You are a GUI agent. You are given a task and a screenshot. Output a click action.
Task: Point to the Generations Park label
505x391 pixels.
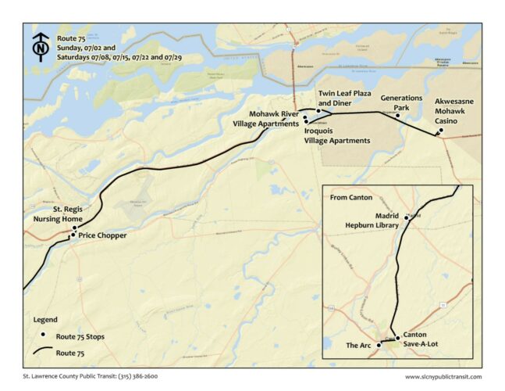[401, 103]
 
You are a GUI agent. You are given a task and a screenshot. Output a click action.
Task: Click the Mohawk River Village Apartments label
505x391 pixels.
[265, 119]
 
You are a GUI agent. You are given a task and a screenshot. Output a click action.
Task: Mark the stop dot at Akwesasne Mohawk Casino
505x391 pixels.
[441, 131]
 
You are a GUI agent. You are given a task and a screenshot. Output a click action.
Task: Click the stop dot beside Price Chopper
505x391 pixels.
[73, 235]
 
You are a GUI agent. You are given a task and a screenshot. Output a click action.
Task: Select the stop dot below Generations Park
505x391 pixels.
[397, 117]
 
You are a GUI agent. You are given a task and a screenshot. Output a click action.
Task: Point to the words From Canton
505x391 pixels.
[351, 197]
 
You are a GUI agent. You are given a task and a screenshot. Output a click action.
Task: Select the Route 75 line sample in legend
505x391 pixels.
[44, 353]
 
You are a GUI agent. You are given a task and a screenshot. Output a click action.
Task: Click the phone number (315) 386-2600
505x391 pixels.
[137, 376]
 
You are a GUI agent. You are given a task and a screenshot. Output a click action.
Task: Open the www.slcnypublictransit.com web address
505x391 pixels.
[443, 376]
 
